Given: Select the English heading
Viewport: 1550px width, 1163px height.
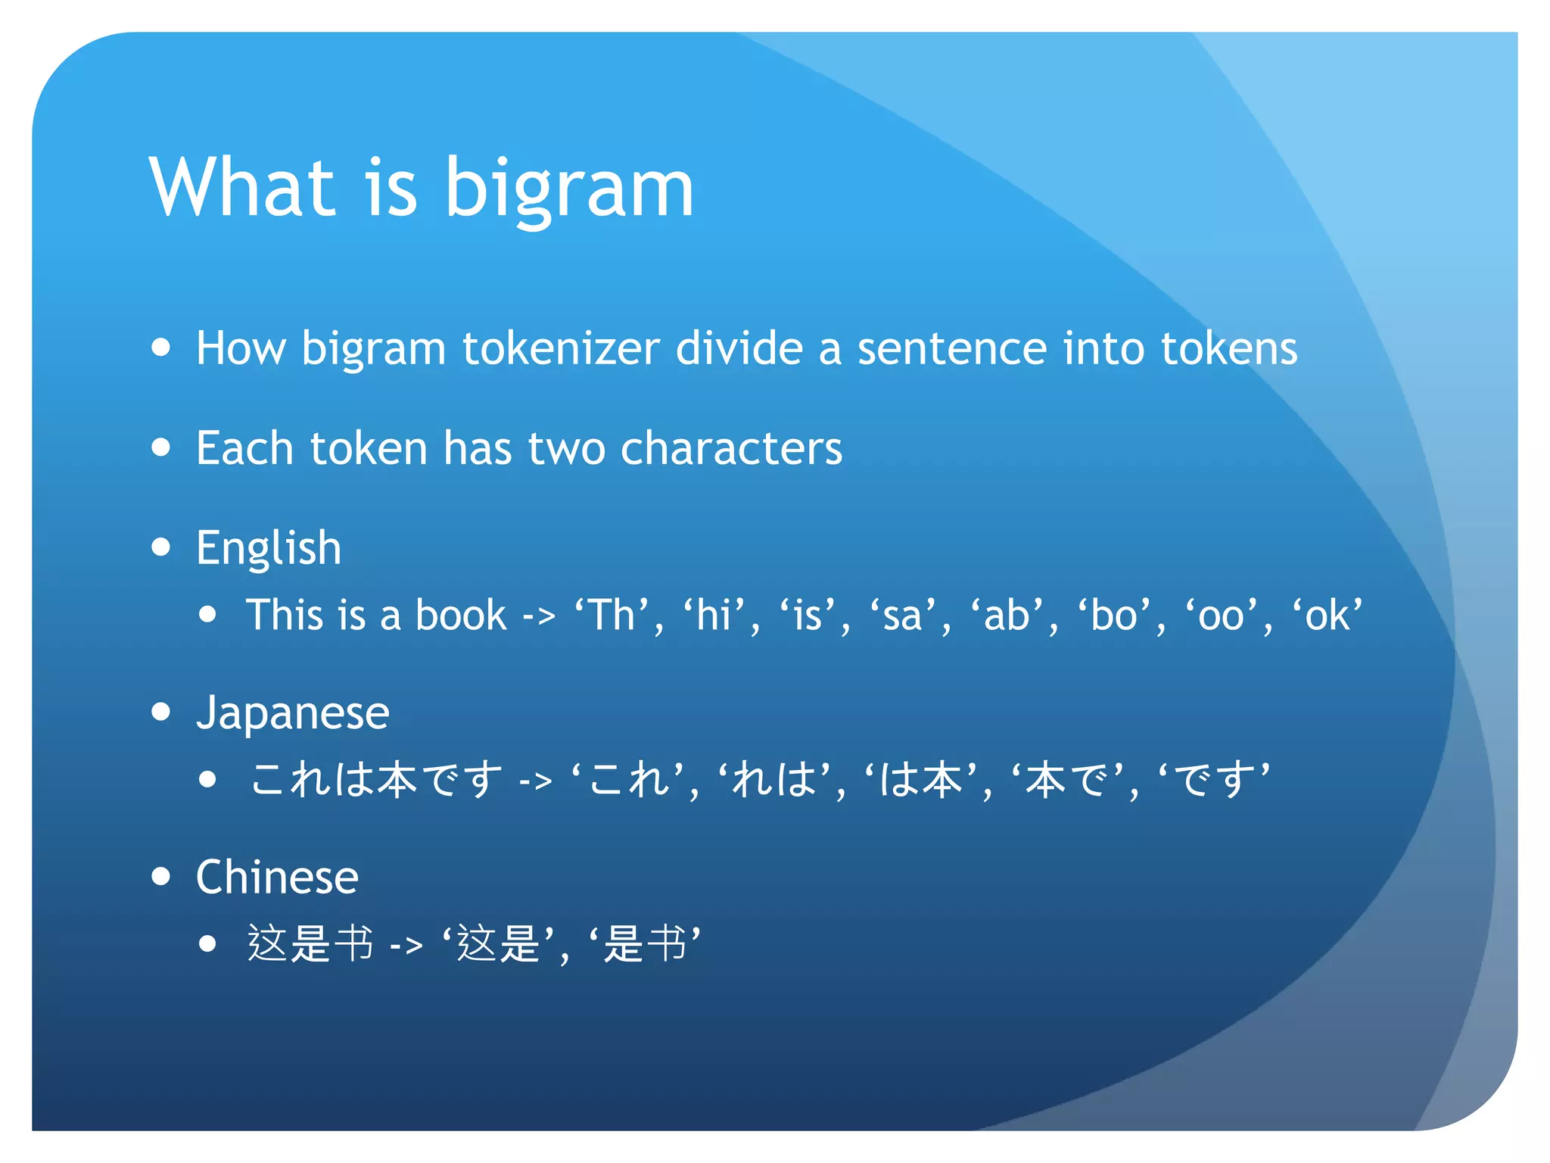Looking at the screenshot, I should [x=269, y=547].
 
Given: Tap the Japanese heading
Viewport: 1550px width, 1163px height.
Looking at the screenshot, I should [x=292, y=712].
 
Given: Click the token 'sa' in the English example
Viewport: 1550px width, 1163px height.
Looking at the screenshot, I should [x=903, y=615].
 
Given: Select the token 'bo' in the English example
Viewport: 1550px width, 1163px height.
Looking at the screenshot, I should [x=1115, y=615].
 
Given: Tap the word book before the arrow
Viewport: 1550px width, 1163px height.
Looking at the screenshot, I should [x=461, y=615].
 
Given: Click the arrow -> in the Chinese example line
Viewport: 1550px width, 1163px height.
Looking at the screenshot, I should [x=406, y=945].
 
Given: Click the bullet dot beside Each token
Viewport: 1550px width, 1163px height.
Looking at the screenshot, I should [x=160, y=447].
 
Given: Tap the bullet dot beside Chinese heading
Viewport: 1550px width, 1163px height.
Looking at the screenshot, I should [x=160, y=876].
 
